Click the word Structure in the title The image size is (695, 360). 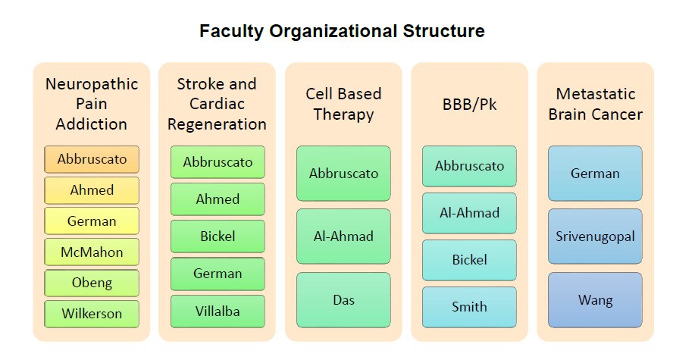pos(443,31)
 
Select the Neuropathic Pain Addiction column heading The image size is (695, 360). pos(92,104)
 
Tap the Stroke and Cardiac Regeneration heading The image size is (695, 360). pos(218,104)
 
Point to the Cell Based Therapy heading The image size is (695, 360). pos(343,104)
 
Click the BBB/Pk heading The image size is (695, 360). pos(469,104)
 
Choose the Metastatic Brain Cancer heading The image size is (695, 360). pos(595,104)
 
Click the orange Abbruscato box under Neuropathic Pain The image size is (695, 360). pos(92,159)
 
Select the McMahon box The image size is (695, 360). pos(92,252)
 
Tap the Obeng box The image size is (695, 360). pos(92,283)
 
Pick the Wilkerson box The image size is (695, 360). pos(92,314)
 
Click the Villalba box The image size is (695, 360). pos(218,311)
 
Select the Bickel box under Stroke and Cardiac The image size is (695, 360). pos(218,236)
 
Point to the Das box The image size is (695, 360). pos(343,300)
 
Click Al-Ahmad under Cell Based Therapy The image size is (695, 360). pos(343,236)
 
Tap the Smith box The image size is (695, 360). pos(469,307)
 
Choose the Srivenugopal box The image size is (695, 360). pos(595,236)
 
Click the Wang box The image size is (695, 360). pos(595,300)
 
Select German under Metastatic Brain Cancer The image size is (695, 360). pos(595,174)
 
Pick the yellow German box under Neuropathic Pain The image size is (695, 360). pos(92,221)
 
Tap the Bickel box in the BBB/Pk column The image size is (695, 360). pos(469,260)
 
